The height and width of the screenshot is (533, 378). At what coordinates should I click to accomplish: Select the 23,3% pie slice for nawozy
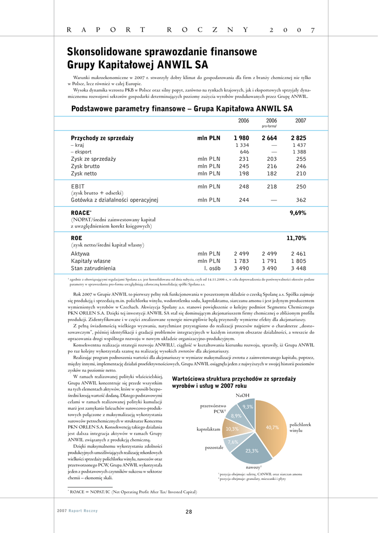pyautogui.click(x=252, y=451)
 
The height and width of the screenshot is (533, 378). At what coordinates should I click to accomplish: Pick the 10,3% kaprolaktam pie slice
pyautogui.click(x=232, y=429)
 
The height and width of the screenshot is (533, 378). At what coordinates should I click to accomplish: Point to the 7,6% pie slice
pyautogui.click(x=233, y=442)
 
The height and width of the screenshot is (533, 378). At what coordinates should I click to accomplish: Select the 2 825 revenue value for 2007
pyautogui.click(x=298, y=138)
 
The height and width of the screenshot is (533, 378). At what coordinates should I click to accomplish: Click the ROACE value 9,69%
pyautogui.click(x=298, y=213)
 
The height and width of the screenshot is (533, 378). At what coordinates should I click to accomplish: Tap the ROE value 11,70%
pyautogui.click(x=296, y=238)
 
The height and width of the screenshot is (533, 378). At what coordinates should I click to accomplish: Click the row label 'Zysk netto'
pyautogui.click(x=84, y=173)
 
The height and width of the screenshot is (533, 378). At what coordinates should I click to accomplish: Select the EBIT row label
pyautogui.click(x=78, y=186)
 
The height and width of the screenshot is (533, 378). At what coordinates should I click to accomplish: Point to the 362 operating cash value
pyautogui.click(x=300, y=199)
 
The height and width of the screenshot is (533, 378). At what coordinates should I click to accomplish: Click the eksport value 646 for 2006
pyautogui.click(x=244, y=152)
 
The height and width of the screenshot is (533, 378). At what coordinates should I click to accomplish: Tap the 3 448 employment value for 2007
pyautogui.click(x=298, y=269)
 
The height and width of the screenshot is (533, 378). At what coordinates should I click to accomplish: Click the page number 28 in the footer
pyautogui.click(x=189, y=512)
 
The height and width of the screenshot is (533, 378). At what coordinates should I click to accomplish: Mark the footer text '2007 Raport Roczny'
pyautogui.click(x=77, y=511)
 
